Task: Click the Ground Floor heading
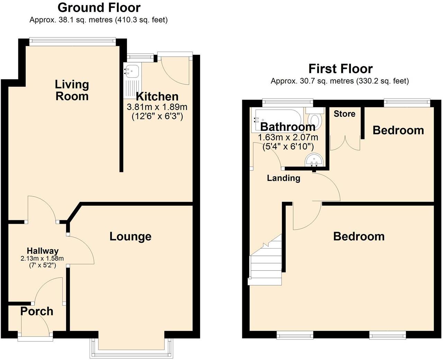(x=99, y=7)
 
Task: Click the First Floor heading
(x=340, y=68)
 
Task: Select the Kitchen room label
(x=157, y=96)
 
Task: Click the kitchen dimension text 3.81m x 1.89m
(x=157, y=107)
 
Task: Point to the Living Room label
(x=72, y=90)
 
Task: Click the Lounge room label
(x=130, y=237)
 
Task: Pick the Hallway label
(x=43, y=251)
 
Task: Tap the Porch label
(x=37, y=311)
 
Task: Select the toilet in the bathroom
(x=315, y=119)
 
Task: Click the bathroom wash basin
(x=314, y=160)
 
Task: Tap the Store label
(x=344, y=114)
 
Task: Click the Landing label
(x=283, y=178)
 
